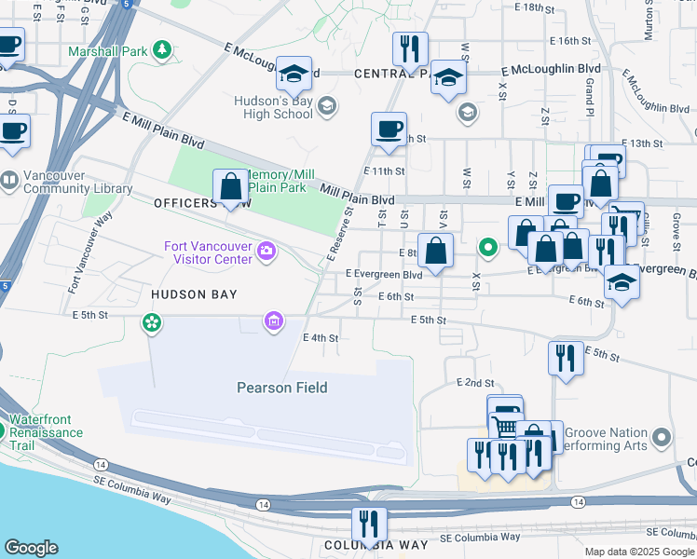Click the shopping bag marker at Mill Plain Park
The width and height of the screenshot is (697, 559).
pos(230,187)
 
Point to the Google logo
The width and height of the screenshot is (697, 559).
pos(31,547)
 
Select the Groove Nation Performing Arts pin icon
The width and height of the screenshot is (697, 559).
pos(662,437)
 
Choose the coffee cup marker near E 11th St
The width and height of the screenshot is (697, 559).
pos(389,130)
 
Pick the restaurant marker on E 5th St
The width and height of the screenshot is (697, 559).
pos(566,359)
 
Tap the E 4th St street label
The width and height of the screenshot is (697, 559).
pos(320,337)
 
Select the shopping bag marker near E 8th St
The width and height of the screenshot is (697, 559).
pos(435,251)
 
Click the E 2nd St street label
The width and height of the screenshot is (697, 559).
pos(474,383)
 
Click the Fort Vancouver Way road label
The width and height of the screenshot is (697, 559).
pos(89,253)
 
